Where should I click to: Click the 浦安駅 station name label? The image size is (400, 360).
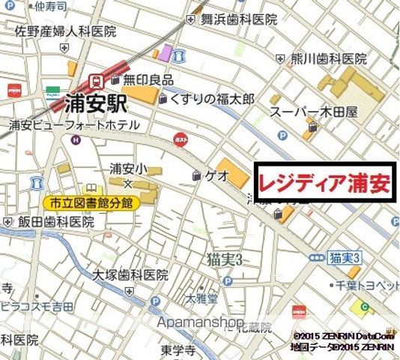(x=97, y=101)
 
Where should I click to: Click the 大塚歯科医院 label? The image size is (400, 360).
(x=130, y=274)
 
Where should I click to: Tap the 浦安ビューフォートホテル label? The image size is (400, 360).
(x=75, y=124)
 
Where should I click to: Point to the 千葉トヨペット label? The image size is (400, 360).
(x=369, y=285)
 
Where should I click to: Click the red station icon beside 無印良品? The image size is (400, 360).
(x=96, y=79)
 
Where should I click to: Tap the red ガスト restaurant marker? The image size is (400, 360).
(x=180, y=139)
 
